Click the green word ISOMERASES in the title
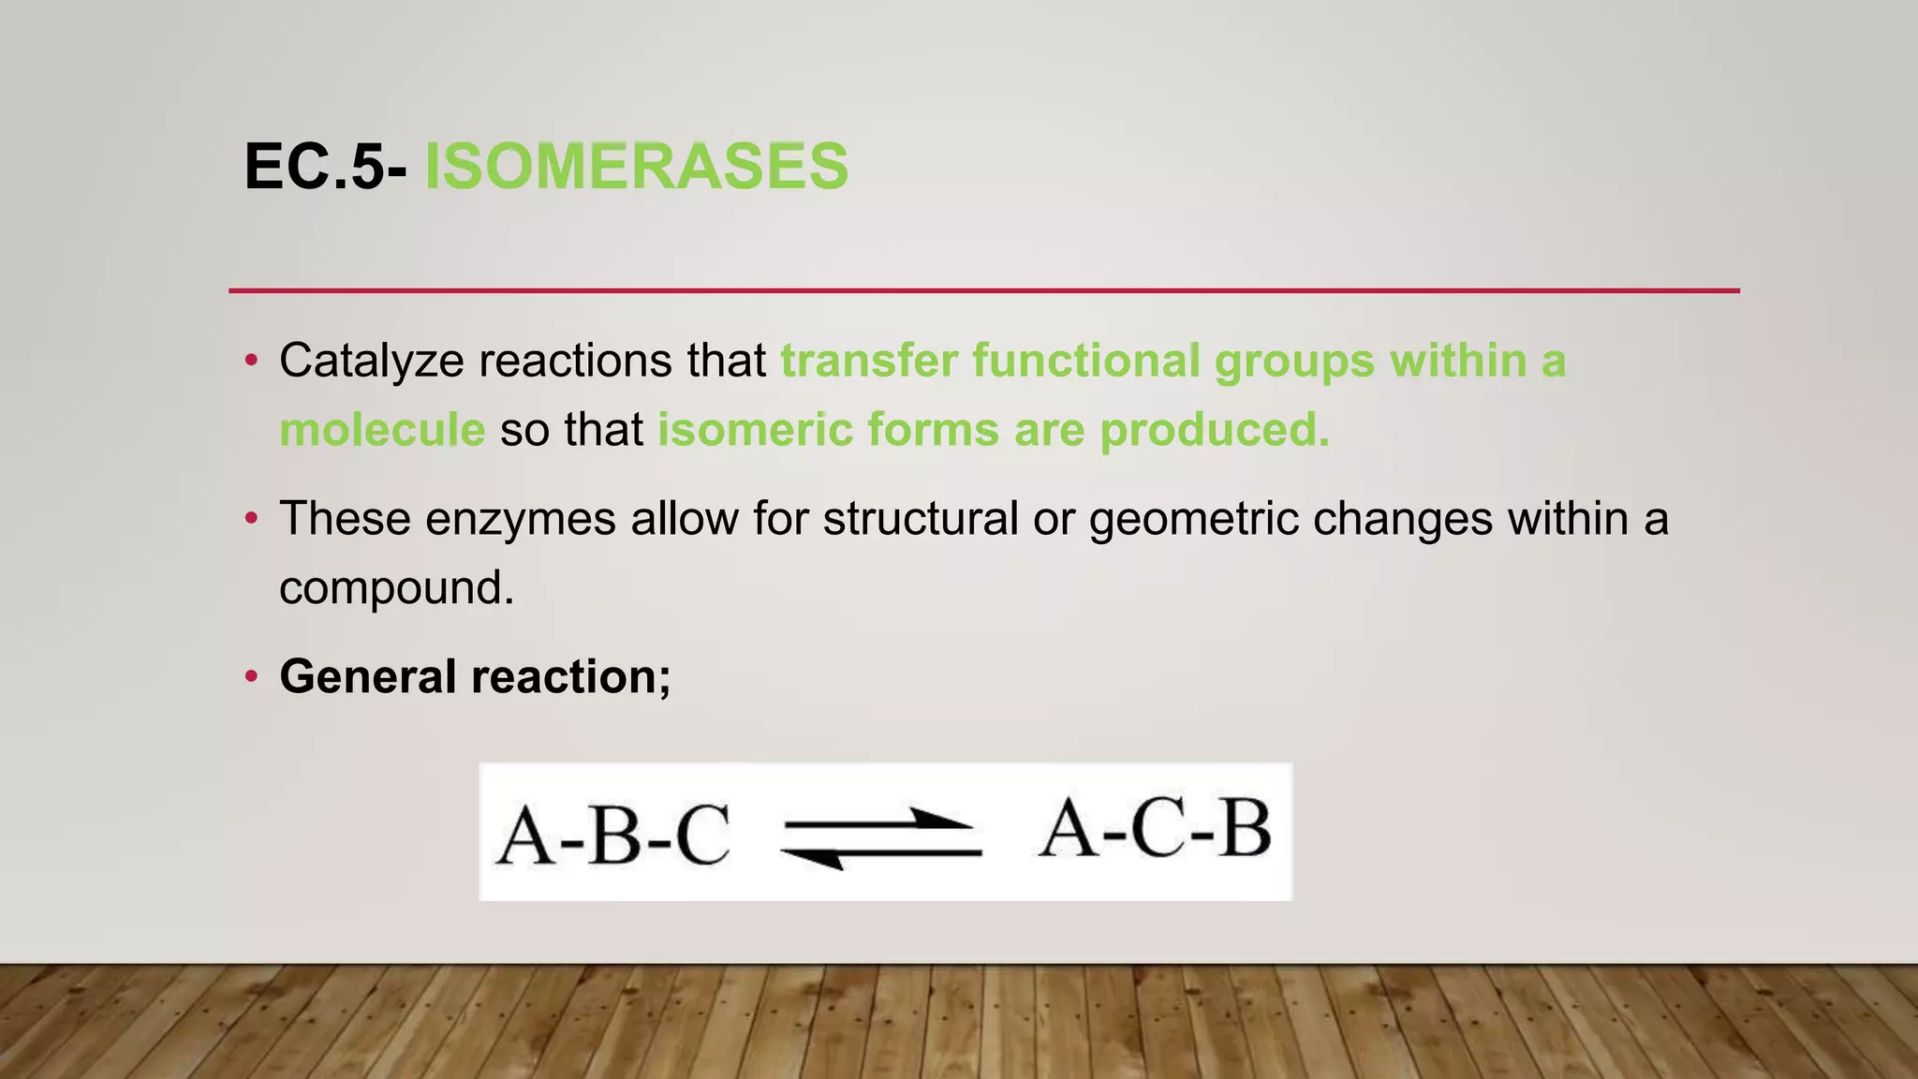pos(637,167)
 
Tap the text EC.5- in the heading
pos(325,167)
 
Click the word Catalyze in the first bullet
pos(371,362)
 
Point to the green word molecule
pos(382,431)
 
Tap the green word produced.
pos(1214,431)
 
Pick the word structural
pos(920,520)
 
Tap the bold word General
pos(367,677)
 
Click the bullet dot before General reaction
pos(250,677)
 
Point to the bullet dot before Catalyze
pos(250,362)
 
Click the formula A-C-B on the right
pos(1156,828)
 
